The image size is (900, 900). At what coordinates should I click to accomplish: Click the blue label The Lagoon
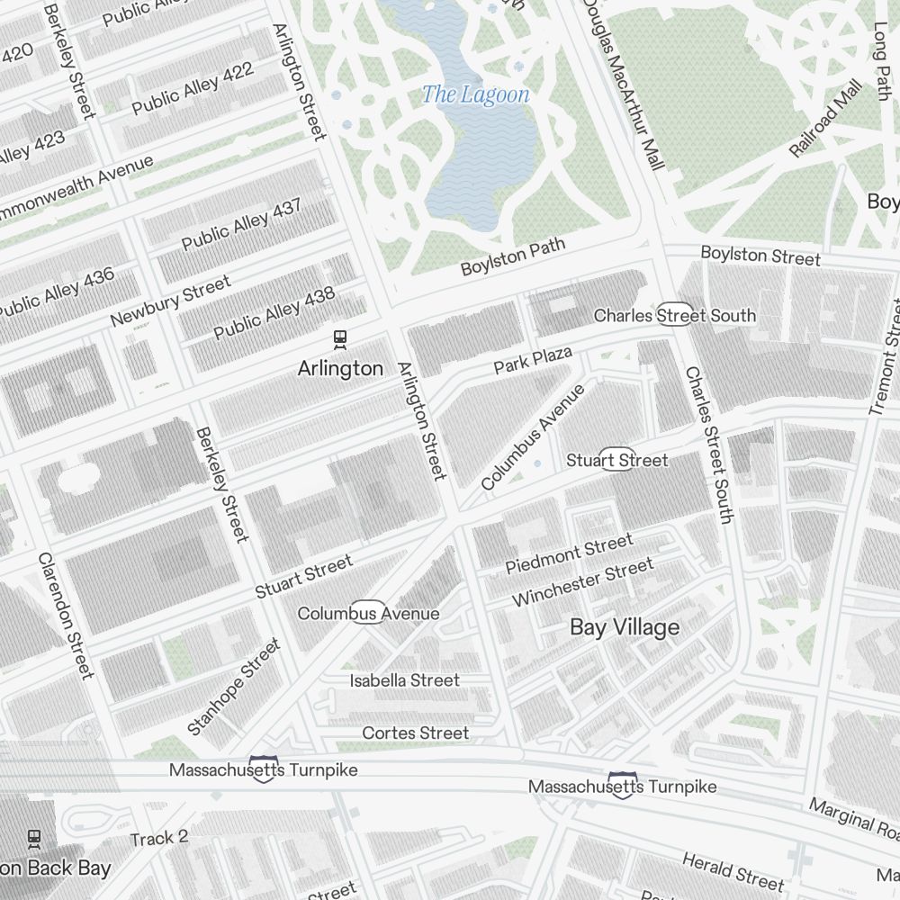pos(475,94)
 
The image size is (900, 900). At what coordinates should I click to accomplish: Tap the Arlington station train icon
pos(340,339)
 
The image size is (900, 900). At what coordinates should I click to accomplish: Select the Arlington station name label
pos(340,368)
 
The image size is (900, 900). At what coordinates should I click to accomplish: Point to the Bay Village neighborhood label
pos(625,627)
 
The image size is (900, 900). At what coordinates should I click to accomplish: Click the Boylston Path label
pos(513,256)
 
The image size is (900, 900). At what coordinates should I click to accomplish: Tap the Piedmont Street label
pos(569,553)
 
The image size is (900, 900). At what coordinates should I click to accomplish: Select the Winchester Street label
pos(582,583)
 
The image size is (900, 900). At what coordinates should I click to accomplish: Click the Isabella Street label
pos(404,680)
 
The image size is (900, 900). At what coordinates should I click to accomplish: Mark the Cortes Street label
pos(415,733)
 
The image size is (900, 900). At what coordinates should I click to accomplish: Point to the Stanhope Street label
pos(234,687)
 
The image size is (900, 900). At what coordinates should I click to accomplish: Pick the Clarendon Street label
pos(66,616)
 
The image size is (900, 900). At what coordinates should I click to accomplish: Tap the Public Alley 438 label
pos(274,314)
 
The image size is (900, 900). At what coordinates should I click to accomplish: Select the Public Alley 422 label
pos(193,88)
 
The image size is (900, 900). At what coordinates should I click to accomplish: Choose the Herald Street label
pos(733,869)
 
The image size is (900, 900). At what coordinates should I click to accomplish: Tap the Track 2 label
pos(159,838)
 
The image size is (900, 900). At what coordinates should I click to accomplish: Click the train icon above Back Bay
pos(34,839)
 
